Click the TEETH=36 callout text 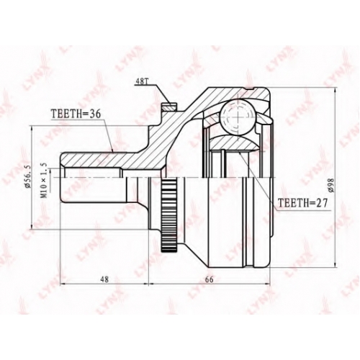pyautogui.click(x=76, y=114)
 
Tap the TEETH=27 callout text pyautogui.click(x=302, y=203)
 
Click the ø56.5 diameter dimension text pyautogui.click(x=27, y=176)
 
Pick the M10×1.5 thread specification pyautogui.click(x=45, y=180)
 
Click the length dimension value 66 pyautogui.click(x=209, y=279)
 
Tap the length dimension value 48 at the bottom pyautogui.click(x=104, y=279)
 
